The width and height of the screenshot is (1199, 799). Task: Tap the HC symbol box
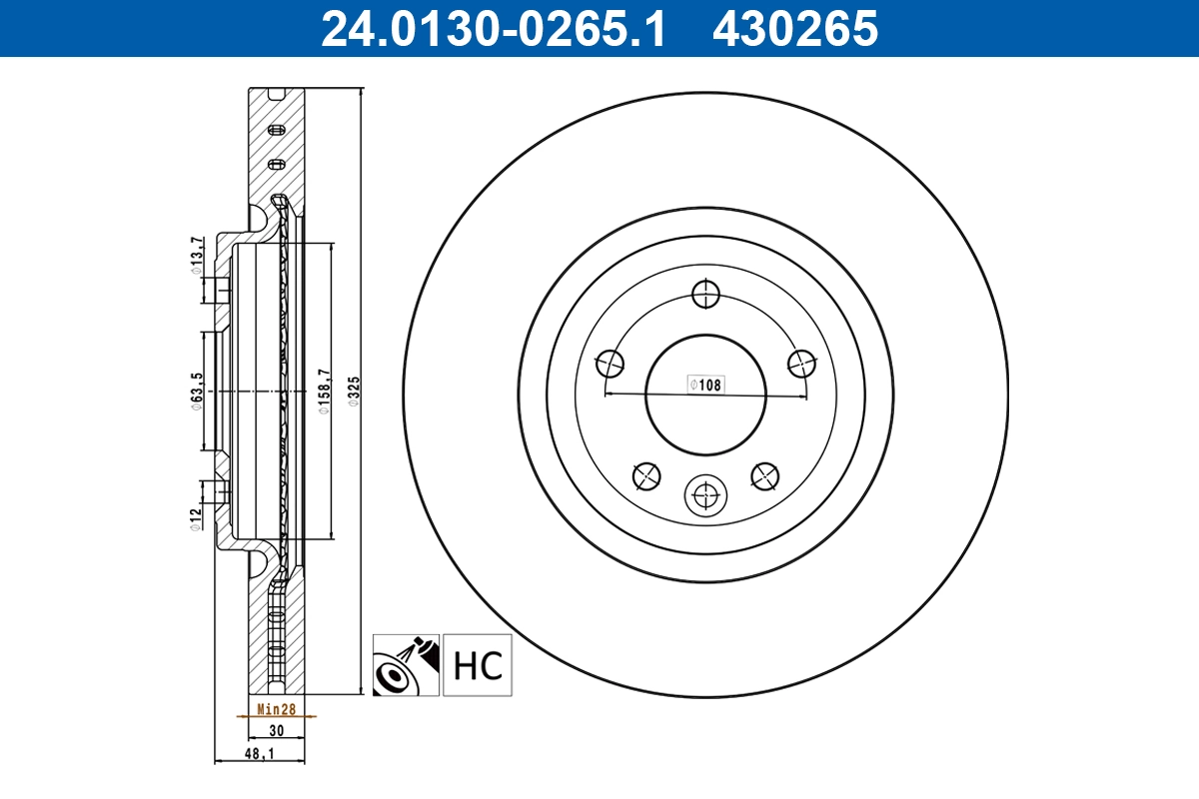[478, 665]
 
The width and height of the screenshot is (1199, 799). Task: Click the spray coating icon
[406, 665]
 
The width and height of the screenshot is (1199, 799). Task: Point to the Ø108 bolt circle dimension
[704, 384]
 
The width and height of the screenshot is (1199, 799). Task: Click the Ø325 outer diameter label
[354, 393]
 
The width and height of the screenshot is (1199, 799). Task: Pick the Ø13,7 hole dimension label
[198, 253]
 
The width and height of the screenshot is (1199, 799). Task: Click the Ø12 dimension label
[198, 518]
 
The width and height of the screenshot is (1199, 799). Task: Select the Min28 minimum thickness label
[276, 709]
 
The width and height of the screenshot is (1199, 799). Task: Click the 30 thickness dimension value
[277, 731]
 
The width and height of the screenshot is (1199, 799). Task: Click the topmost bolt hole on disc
[705, 294]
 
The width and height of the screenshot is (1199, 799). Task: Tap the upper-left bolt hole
[610, 364]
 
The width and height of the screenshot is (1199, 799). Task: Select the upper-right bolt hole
[800, 364]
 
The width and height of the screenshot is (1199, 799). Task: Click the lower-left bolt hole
[646, 476]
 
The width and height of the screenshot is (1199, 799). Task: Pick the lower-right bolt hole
[764, 476]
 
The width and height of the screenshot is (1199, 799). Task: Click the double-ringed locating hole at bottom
[705, 493]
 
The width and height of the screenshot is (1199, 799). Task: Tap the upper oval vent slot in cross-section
[278, 130]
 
